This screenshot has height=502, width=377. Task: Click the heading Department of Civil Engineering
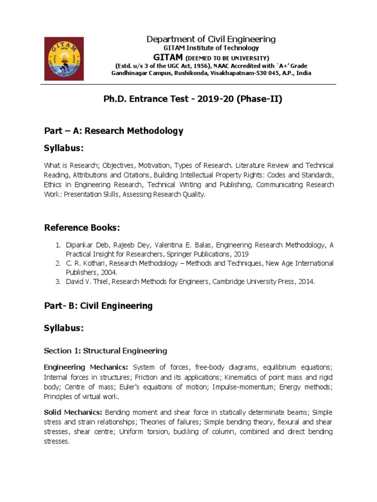212,39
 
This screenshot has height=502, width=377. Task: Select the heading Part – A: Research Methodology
113,131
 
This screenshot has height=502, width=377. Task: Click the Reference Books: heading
82,227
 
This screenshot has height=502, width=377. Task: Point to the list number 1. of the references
57,245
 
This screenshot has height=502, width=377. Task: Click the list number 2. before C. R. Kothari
57,264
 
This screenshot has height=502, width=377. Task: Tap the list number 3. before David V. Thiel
57,282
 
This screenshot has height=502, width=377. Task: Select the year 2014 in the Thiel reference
304,282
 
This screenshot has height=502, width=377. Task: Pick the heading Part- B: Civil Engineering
98,306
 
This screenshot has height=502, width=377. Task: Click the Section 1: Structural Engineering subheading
106,351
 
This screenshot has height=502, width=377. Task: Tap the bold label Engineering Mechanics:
86,368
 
